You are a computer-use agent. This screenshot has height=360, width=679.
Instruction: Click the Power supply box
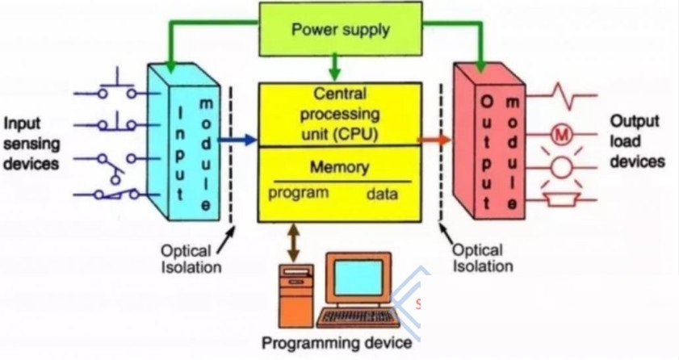pyautogui.click(x=341, y=29)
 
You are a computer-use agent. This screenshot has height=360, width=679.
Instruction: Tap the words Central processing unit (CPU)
pyautogui.click(x=340, y=114)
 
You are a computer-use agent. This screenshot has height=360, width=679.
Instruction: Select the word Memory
pyautogui.click(x=339, y=167)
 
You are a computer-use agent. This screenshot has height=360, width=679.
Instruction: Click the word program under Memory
pyautogui.click(x=298, y=193)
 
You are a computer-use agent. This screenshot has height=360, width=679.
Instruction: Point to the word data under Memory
pyautogui.click(x=382, y=194)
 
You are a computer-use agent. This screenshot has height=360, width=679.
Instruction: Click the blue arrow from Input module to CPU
pyautogui.click(x=237, y=140)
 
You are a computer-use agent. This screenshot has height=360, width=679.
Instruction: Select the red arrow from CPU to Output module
pyautogui.click(x=434, y=140)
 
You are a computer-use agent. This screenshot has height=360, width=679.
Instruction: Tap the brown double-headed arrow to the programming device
pyautogui.click(x=294, y=242)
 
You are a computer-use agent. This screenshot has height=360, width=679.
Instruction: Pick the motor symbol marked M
pyautogui.click(x=562, y=136)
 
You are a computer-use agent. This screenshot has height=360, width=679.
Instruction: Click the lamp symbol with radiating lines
pyautogui.click(x=562, y=167)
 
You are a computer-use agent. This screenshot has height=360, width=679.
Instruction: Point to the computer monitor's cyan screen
pyautogui.click(x=359, y=278)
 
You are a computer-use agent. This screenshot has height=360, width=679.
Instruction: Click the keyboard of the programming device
pyautogui.click(x=358, y=319)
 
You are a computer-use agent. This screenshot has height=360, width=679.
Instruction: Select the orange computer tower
pyautogui.click(x=295, y=296)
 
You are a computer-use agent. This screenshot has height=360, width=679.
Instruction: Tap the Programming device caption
pyautogui.click(x=337, y=343)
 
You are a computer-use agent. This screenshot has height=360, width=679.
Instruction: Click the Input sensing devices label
pyautogui.click(x=31, y=144)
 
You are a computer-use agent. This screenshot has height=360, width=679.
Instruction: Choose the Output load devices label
pyautogui.click(x=638, y=141)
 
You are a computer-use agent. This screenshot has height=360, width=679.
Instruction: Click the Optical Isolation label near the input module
pyautogui.click(x=191, y=259)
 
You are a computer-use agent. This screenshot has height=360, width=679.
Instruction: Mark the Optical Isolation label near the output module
pyautogui.click(x=483, y=257)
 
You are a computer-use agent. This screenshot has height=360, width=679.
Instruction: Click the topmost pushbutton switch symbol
pyautogui.click(x=117, y=85)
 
